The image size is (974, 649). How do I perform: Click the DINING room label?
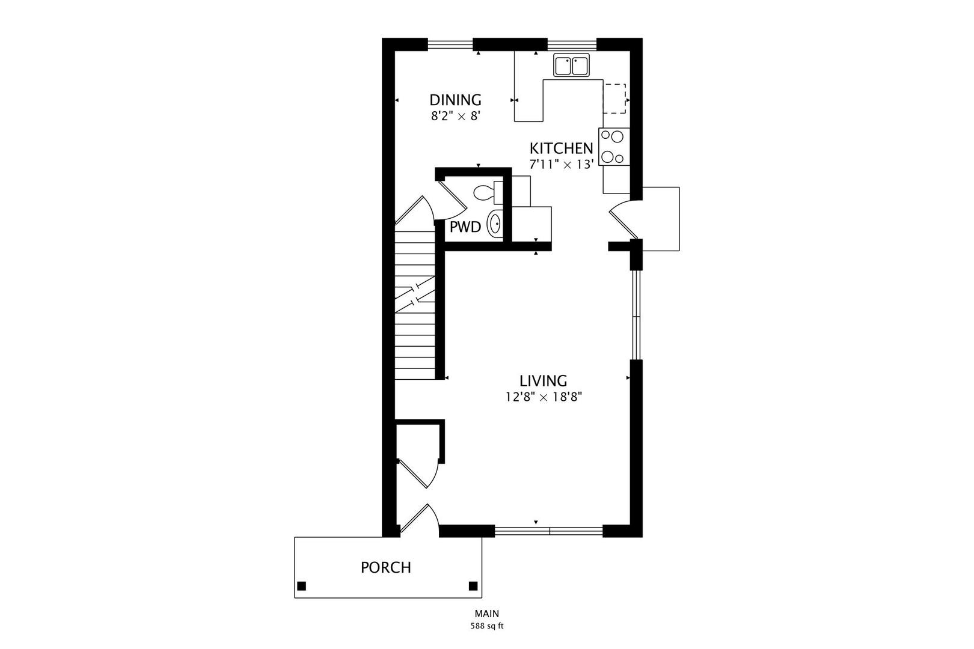[x=455, y=100]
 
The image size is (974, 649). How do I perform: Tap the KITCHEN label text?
[x=561, y=148]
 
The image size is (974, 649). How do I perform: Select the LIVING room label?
[x=543, y=381]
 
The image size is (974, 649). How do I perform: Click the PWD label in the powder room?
[x=465, y=227]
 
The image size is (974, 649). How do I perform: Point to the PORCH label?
[x=386, y=567]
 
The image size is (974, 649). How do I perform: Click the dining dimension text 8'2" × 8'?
[x=455, y=117]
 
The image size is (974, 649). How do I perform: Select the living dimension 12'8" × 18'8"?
[x=543, y=397]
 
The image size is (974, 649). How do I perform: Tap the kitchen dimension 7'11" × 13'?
[x=561, y=164]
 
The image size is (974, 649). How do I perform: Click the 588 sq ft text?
[x=486, y=626]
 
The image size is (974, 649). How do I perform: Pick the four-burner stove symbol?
[x=613, y=147]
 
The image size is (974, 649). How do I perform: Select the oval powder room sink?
[x=495, y=224]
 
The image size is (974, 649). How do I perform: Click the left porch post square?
[x=302, y=586]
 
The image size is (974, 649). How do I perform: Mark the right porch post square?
[x=473, y=586]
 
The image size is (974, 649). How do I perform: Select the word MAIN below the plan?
[x=486, y=614]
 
